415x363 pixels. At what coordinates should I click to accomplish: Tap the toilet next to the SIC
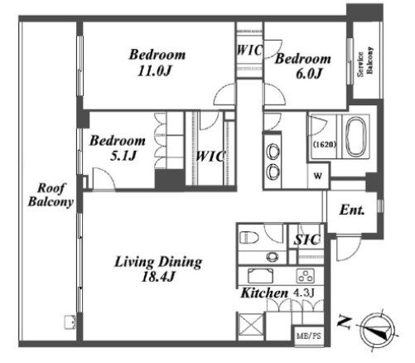(x=249, y=237)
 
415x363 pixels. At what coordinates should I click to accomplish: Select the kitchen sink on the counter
(x=260, y=276)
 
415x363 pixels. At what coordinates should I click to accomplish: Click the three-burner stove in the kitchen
(x=306, y=276)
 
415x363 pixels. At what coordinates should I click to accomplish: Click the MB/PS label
(x=309, y=336)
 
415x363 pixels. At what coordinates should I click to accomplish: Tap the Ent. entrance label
(x=352, y=210)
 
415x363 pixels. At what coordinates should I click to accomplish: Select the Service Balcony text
(x=365, y=61)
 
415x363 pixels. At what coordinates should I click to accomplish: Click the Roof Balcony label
(x=51, y=195)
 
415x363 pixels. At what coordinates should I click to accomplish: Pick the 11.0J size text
(x=154, y=71)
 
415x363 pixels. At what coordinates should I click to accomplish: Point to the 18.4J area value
(x=158, y=277)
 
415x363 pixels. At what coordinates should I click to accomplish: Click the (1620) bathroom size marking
(x=325, y=144)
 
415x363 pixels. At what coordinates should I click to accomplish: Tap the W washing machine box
(x=318, y=176)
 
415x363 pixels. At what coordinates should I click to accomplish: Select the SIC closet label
(x=307, y=240)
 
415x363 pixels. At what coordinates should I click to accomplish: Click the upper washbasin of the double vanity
(x=273, y=152)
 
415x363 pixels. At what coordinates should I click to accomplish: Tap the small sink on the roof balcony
(x=70, y=322)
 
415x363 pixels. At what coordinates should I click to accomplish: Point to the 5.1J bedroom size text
(x=123, y=156)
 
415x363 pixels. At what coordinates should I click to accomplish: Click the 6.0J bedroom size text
(x=309, y=74)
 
